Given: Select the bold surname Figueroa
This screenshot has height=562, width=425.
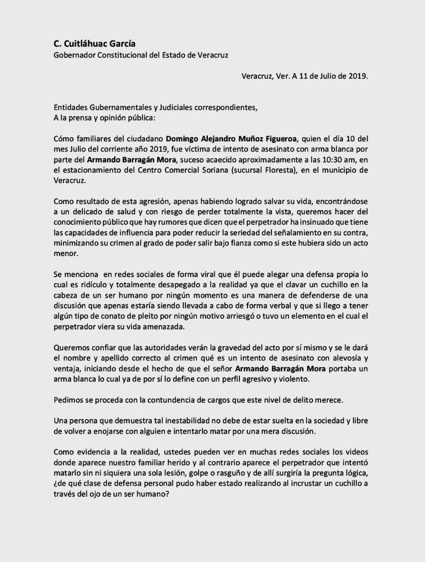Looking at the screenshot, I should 278,139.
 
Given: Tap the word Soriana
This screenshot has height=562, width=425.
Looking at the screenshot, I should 215,170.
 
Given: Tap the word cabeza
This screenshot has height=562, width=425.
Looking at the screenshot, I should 66,295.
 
